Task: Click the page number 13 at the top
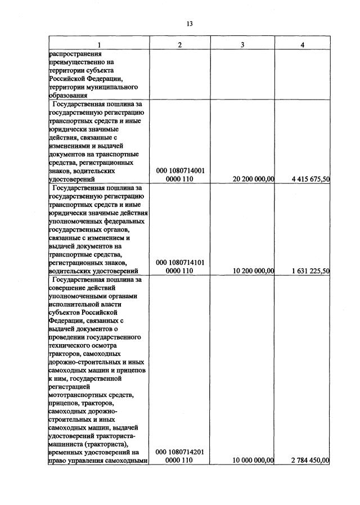click(190, 24)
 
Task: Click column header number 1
click(99, 45)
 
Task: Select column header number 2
click(179, 45)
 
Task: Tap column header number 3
click(242, 45)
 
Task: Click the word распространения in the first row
click(74, 53)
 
